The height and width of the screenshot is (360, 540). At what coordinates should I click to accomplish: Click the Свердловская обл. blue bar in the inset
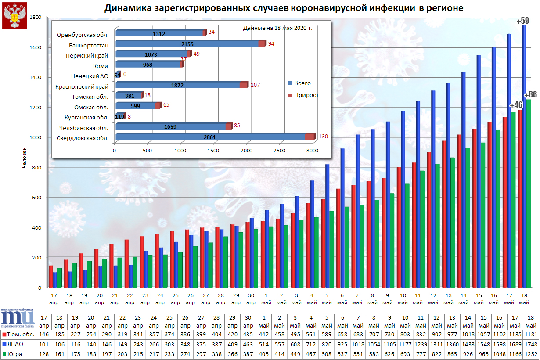(x=211, y=137)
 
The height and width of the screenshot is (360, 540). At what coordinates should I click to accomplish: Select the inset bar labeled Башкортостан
(x=189, y=43)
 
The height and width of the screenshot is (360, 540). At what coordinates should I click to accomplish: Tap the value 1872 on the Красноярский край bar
(x=178, y=85)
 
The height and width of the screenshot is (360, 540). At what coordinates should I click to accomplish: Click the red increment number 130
(x=323, y=137)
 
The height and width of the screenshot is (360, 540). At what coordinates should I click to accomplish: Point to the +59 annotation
(x=523, y=21)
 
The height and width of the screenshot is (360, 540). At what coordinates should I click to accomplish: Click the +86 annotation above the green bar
(x=530, y=94)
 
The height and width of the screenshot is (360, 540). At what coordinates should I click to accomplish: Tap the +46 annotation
(x=516, y=105)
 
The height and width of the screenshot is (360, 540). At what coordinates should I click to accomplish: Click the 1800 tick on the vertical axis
(x=35, y=17)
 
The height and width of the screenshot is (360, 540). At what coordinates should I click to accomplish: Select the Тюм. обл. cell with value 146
(x=44, y=334)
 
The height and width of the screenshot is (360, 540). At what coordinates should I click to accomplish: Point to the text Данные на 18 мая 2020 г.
(x=277, y=28)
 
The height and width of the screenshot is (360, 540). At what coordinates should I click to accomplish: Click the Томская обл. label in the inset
(x=90, y=96)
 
